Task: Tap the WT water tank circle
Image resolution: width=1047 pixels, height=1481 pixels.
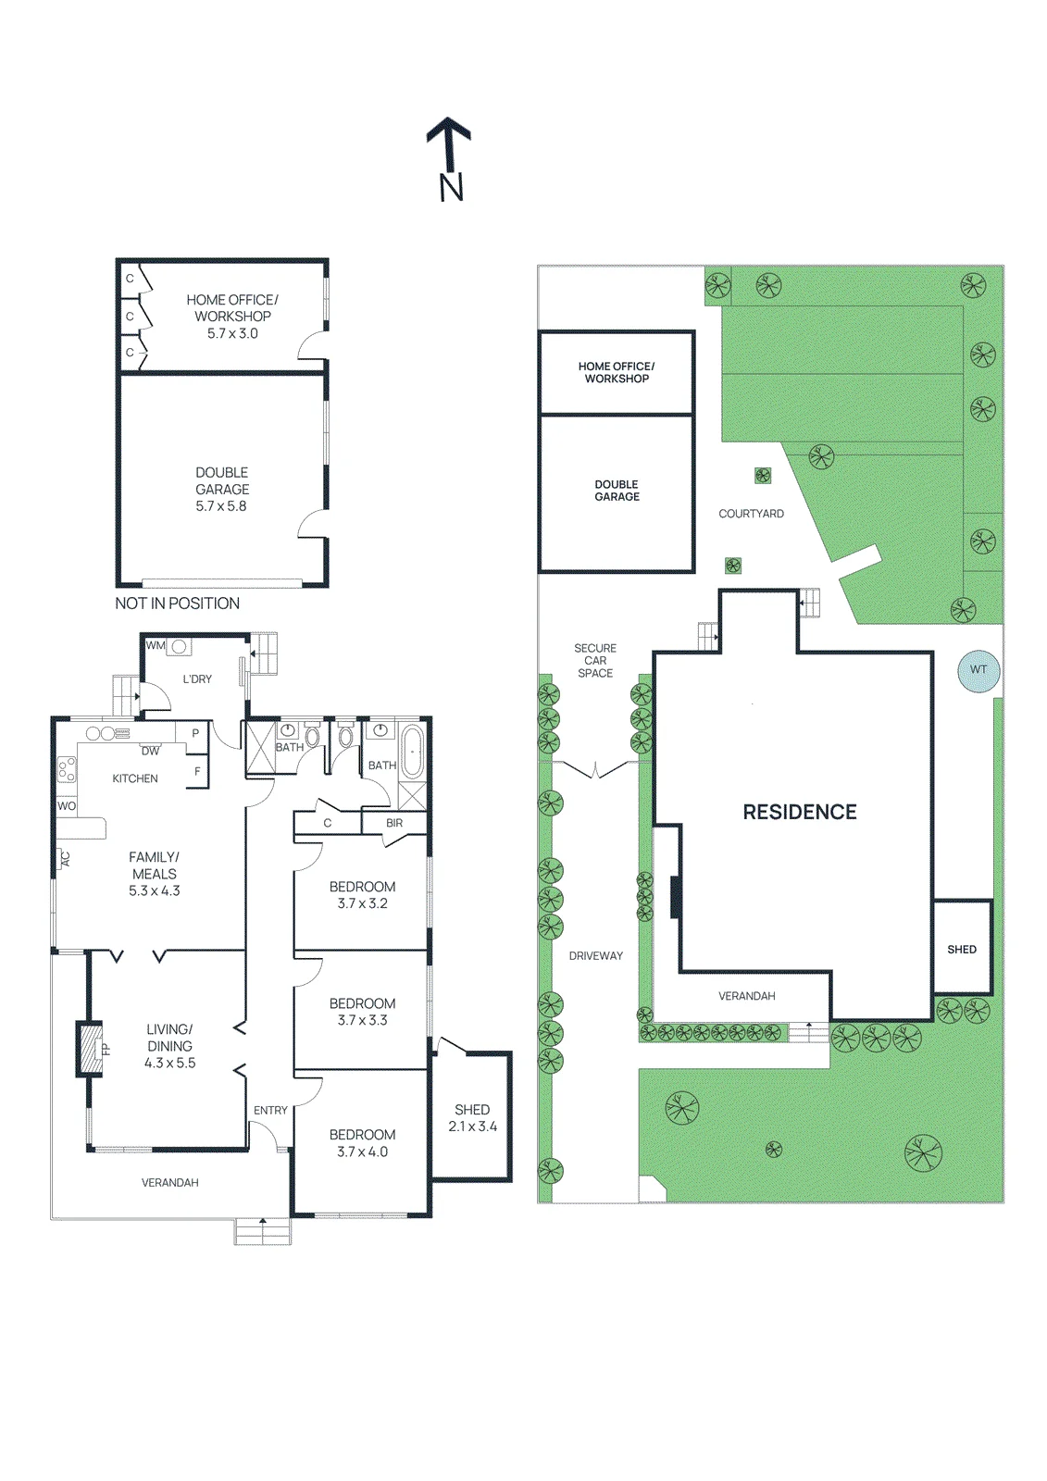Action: [x=978, y=670]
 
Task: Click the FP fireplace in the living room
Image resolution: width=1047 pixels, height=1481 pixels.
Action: [x=90, y=1049]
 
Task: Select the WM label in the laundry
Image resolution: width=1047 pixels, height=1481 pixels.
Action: [x=156, y=645]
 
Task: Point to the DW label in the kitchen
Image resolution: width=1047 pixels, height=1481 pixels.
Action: [x=150, y=751]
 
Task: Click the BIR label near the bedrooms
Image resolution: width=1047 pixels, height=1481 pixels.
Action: [x=394, y=823]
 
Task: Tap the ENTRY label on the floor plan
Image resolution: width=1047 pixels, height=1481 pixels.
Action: [x=270, y=1110]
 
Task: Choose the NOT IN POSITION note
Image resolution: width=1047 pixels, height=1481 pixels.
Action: [x=177, y=603]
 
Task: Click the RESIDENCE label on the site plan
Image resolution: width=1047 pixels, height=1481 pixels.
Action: [x=800, y=812]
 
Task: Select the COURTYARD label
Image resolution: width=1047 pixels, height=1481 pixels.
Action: [x=752, y=514]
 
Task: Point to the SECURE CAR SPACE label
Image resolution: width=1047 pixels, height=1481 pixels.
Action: [x=595, y=661]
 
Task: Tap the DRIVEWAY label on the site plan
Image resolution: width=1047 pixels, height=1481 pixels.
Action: [x=596, y=956]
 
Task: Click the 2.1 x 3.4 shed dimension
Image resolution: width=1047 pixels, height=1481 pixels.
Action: [x=472, y=1126]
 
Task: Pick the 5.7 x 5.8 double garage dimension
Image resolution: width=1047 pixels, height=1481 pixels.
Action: [x=221, y=505]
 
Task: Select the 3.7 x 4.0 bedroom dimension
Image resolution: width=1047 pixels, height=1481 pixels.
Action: [x=363, y=1151]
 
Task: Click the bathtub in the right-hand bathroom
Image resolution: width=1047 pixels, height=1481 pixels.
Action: [x=412, y=752]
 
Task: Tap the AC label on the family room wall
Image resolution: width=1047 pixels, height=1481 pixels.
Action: [x=65, y=859]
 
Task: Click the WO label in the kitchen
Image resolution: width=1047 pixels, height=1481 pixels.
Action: [x=66, y=806]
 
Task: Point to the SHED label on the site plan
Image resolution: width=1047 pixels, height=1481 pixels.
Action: [x=962, y=950]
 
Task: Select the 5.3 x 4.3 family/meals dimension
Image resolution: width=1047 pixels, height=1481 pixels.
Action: [x=154, y=890]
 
